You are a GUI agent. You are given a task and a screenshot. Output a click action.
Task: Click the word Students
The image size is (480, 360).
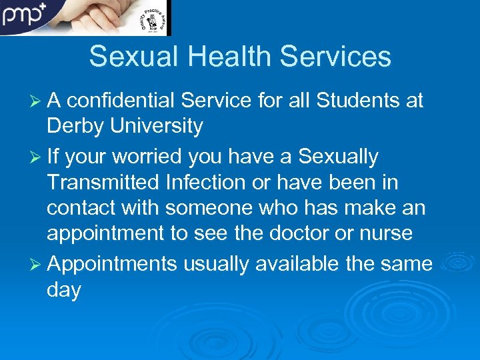pyautogui.click(x=358, y=101)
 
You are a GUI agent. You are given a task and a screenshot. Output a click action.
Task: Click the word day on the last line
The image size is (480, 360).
pyautogui.click(x=64, y=291)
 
